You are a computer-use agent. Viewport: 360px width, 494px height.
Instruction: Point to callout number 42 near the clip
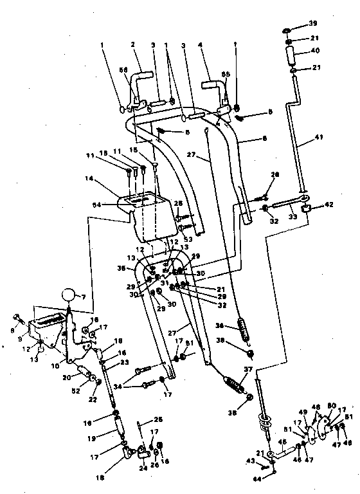tap(328, 206)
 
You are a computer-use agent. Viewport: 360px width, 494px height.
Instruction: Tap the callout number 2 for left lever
tap(132, 44)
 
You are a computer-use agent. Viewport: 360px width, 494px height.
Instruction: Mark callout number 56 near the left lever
tap(123, 69)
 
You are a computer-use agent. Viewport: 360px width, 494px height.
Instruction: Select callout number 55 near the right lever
tap(226, 75)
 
